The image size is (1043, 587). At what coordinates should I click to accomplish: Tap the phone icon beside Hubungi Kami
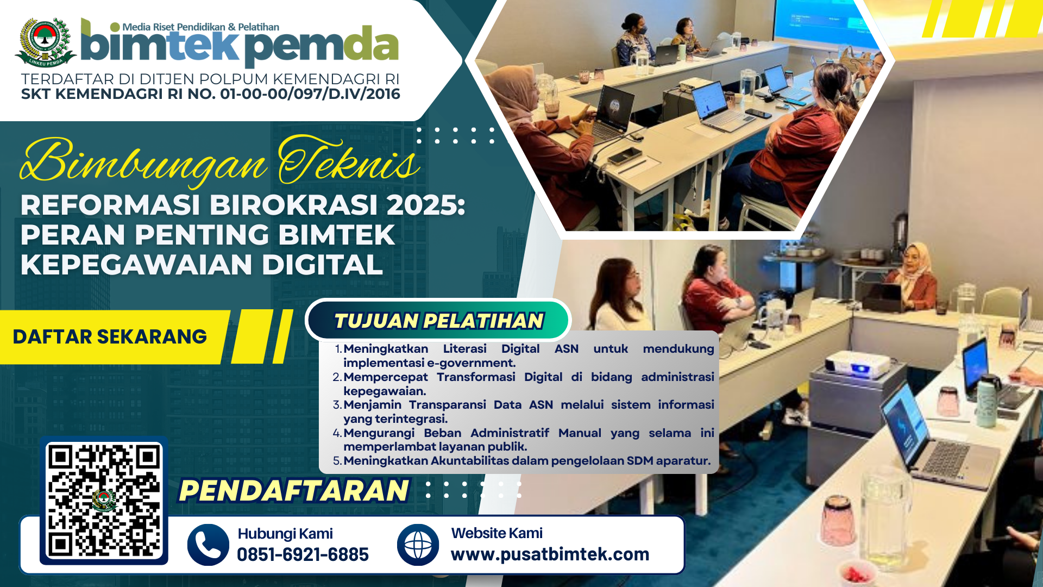pyautogui.click(x=208, y=545)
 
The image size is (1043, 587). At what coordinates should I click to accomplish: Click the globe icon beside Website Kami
pyautogui.click(x=418, y=545)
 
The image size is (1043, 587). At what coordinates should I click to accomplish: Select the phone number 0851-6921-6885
pyautogui.click(x=303, y=554)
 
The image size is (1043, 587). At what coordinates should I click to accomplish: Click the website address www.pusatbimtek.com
pyautogui.click(x=550, y=554)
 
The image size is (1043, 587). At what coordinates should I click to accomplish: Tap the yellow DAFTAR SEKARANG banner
pyautogui.click(x=111, y=337)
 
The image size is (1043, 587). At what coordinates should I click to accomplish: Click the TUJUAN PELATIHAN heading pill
pyautogui.click(x=438, y=321)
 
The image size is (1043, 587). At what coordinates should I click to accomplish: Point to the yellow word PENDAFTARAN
pyautogui.click(x=293, y=490)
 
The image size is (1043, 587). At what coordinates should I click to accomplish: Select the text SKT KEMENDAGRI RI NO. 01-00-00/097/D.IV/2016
pyautogui.click(x=211, y=94)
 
